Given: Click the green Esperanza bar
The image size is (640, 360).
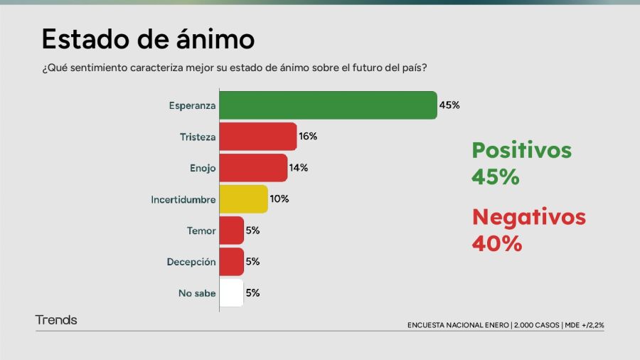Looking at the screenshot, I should tap(328, 105).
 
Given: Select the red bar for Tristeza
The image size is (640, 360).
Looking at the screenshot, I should tap(257, 137).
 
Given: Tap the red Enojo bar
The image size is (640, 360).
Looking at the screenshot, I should tap(253, 168).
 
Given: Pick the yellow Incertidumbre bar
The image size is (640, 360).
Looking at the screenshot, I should tap(243, 199).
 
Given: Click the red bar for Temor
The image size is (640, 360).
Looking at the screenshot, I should tap(232, 231).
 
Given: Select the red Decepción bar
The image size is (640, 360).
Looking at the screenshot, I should tap(232, 262).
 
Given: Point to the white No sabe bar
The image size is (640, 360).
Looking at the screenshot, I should tap(232, 292).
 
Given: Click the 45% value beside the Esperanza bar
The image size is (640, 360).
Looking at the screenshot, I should tap(449, 105).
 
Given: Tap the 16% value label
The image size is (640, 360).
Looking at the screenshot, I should tap(308, 137).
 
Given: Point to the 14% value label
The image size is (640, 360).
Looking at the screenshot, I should tap(299, 168).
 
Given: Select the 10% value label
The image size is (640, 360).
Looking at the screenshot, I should tap(279, 199).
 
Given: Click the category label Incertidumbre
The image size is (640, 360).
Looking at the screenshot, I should tap(183, 200).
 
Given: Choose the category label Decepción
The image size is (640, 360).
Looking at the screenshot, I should tap(191, 262).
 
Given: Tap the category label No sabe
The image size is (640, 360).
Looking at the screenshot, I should tap(196, 293).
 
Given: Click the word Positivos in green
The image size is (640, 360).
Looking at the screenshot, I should tap(521, 151).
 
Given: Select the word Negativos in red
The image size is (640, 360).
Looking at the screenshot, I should tap(528, 217).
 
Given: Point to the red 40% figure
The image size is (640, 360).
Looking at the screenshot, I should tap(496, 243).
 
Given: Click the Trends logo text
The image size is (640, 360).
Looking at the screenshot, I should tap(56, 320).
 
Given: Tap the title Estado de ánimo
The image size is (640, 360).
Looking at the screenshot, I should tap(148, 39).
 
